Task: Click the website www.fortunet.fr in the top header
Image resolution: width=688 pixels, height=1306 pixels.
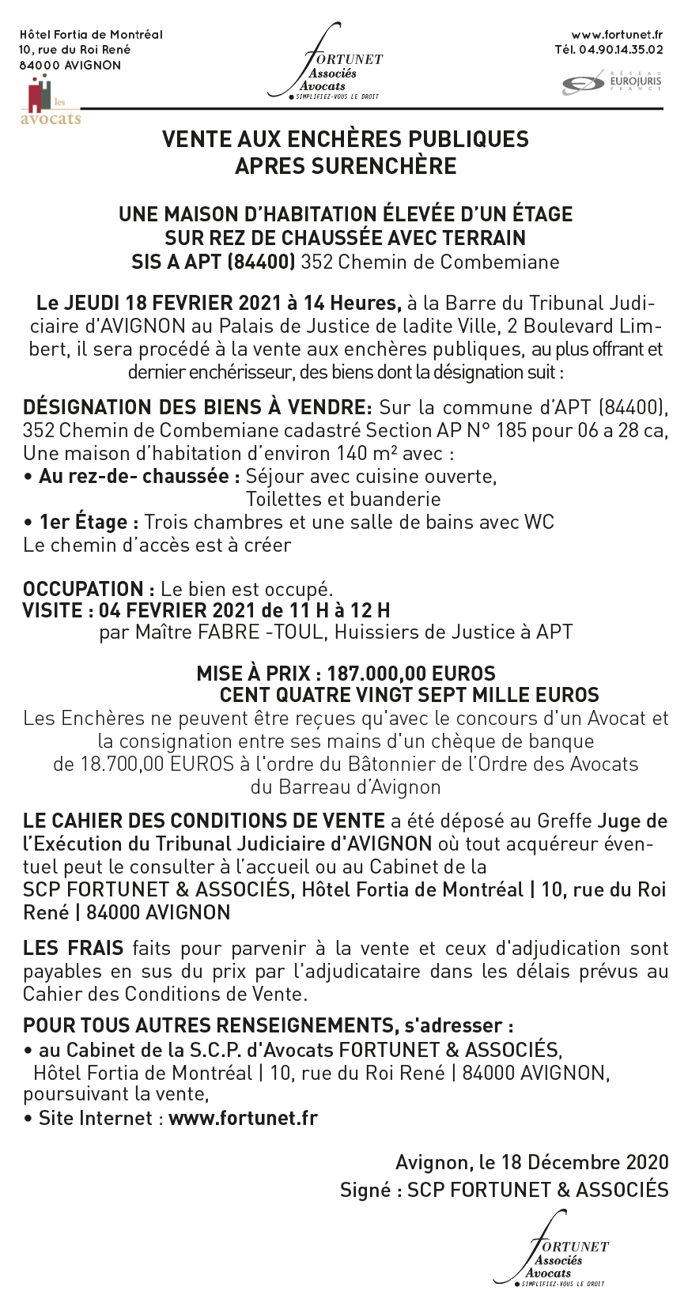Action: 617,34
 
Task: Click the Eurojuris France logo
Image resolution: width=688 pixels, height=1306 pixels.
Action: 612,82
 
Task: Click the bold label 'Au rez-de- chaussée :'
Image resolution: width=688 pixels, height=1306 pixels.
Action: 139,476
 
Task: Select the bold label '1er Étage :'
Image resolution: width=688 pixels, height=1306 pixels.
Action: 89,522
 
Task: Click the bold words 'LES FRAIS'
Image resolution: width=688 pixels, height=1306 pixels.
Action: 74,948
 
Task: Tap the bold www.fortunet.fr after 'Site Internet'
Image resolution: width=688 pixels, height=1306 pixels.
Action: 244,1118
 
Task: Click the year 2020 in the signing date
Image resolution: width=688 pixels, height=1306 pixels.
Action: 648,1162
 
